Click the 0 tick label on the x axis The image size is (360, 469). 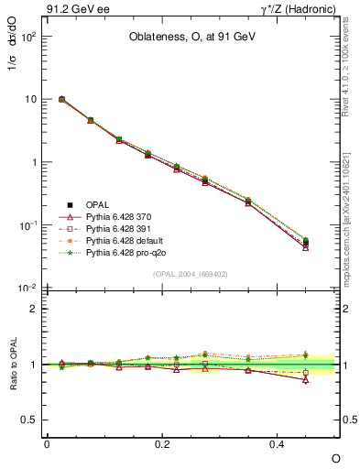[47, 443]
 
